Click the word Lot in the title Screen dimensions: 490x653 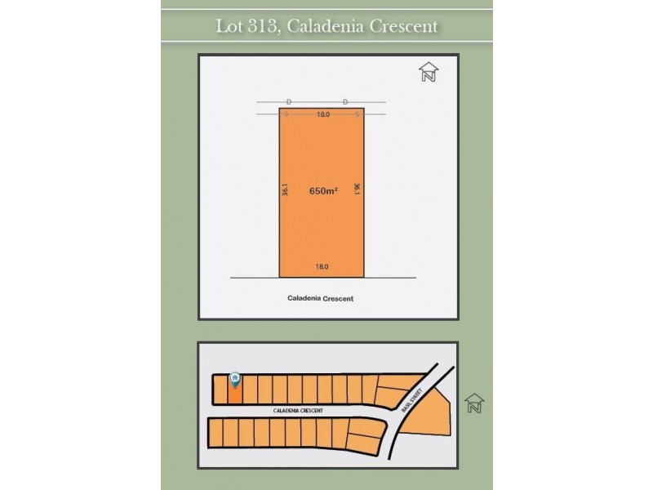tap(229, 26)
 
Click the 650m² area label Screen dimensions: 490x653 tap(323, 191)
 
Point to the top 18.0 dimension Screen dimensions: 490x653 tap(322, 115)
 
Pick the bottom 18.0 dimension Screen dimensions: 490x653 tap(322, 266)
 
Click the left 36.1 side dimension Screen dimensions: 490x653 tap(286, 189)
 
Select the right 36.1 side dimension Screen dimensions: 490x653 tap(358, 189)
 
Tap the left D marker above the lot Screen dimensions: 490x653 tap(289, 101)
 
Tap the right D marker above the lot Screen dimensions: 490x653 tap(345, 101)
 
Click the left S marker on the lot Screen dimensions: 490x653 tap(287, 115)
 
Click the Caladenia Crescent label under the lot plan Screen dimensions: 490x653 tap(321, 299)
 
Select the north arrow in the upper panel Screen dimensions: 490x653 tap(428, 73)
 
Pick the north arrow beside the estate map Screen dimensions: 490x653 tap(473, 403)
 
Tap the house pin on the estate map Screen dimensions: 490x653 tap(235, 380)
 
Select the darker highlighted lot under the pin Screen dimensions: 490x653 tap(235, 393)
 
